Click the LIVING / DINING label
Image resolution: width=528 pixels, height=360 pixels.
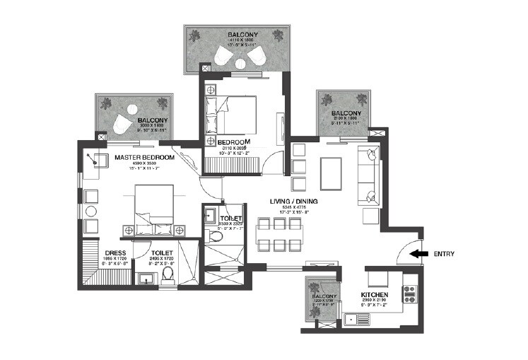[x=293, y=201]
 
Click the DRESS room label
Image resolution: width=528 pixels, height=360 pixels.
[x=115, y=252]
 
